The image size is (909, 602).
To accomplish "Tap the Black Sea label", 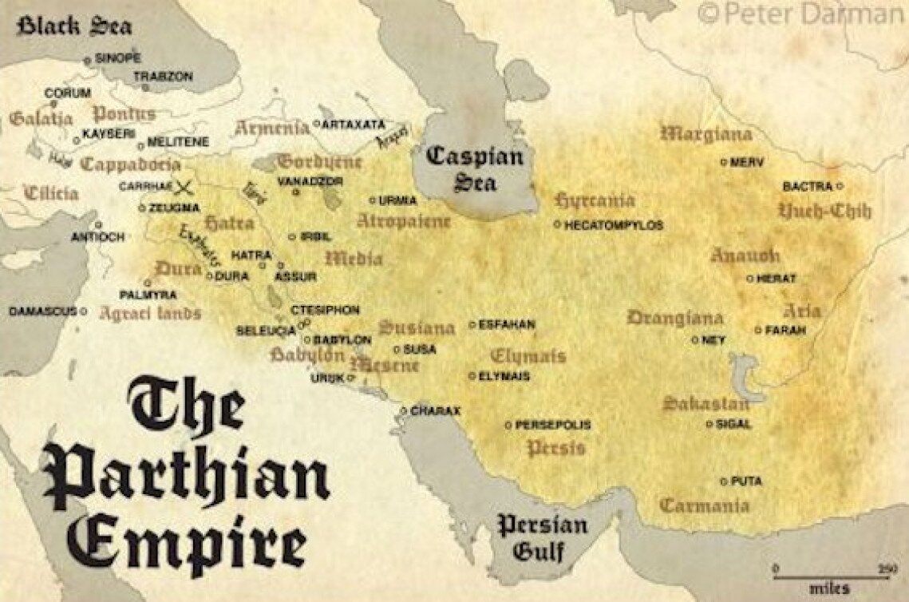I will pos(74,26).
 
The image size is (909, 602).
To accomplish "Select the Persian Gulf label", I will pos(542,537).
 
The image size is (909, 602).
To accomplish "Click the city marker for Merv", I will pos(724,162).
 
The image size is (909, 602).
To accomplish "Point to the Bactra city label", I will pos(807,186).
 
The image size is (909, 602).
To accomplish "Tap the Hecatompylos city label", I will pos(613,226).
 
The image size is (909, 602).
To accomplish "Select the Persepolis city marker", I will pos(508,426).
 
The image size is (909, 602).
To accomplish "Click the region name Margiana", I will pos(706,134).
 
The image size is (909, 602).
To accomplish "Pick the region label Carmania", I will pos(704,505).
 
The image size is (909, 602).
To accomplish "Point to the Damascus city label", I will pos(42,311).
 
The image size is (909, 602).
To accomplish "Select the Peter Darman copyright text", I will pos(800,14).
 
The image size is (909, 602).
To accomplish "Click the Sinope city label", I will pos(117,58).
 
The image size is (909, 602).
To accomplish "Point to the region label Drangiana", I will pos(674,318).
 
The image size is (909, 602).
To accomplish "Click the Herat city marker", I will pos(749,279).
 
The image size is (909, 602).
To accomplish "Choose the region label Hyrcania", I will pos(595,200).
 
